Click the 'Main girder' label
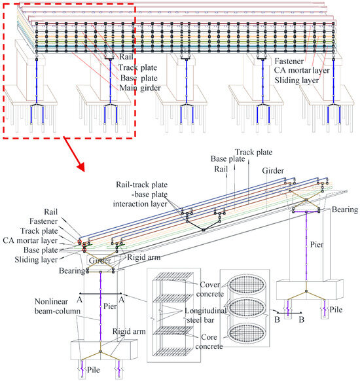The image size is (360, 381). click(140, 88)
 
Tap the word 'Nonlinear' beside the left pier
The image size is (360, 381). click(51, 302)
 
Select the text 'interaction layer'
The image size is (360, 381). click(140, 204)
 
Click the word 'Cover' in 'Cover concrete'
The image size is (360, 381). click(210, 285)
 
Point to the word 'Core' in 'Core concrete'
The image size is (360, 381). click(209, 337)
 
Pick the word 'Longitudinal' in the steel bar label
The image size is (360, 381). click(206, 310)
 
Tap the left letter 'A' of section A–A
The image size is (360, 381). click(79, 300)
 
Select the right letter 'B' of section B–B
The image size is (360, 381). click(302, 319)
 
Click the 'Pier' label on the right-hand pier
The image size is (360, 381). click(317, 244)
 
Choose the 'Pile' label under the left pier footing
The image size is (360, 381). click(94, 370)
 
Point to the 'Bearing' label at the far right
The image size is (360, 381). click(345, 209)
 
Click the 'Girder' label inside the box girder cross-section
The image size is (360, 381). click(100, 261)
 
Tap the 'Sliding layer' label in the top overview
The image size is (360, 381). click(297, 81)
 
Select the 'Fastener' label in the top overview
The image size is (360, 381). click(289, 62)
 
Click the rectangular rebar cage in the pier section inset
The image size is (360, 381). click(172, 315)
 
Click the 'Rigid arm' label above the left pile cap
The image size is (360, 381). click(129, 331)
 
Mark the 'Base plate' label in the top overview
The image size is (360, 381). click(139, 78)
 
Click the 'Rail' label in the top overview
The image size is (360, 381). click(126, 56)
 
